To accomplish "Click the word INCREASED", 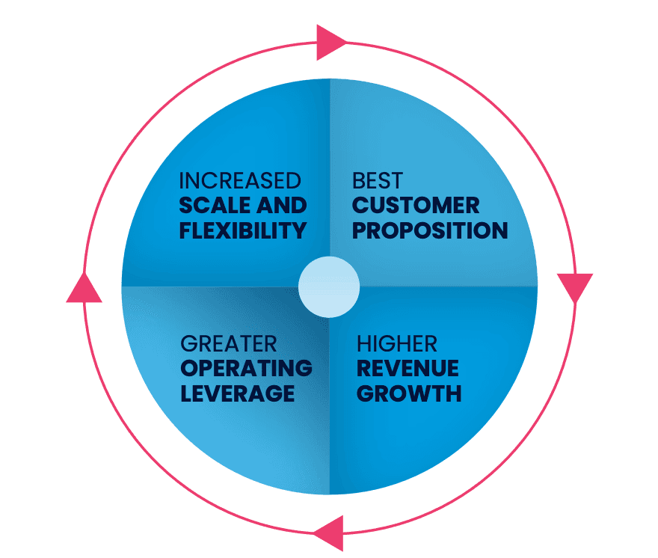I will tap(240, 181).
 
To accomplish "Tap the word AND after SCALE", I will tap(281, 206).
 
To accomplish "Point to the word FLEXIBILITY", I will tap(243, 230).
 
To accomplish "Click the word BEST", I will tap(377, 181).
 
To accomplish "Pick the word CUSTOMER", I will tap(416, 206).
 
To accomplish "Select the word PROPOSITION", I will tap(430, 230).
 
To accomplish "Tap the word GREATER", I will tap(229, 344).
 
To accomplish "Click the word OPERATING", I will tap(246, 368).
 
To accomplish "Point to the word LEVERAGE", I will tap(237, 393).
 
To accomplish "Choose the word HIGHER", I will tap(398, 344).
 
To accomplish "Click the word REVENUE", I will tap(408, 368).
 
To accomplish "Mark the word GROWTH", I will tap(409, 393).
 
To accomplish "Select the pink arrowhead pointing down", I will tap(574, 287).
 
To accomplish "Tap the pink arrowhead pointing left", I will tap(329, 533).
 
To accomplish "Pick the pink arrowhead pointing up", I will tap(84, 287).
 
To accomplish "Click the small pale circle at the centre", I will tap(329, 287).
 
